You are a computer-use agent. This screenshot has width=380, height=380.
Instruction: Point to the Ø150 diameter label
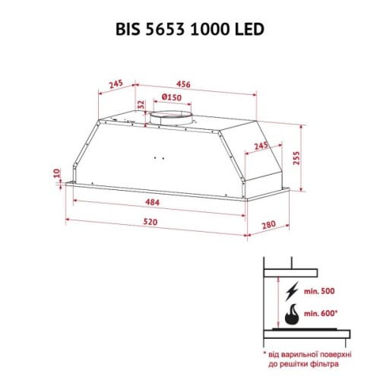coord(172,97)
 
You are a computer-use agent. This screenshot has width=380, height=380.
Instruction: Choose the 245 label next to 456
coord(116,84)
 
